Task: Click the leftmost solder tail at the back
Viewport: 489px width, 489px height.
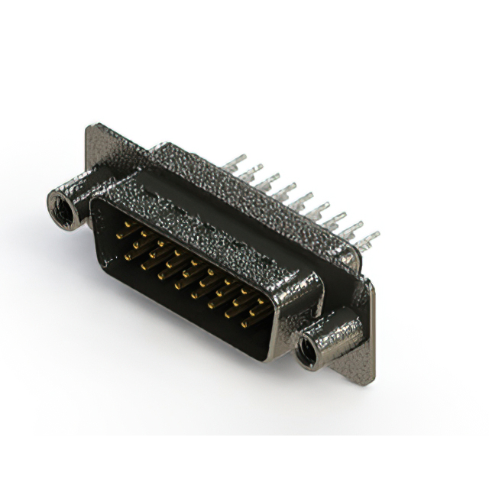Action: (x=235, y=164)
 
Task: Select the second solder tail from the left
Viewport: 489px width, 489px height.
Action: (x=251, y=172)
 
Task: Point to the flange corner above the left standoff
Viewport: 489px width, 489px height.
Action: (x=96, y=131)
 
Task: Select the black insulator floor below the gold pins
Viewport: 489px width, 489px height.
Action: (x=176, y=306)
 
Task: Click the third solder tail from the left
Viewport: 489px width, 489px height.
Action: (x=267, y=182)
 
